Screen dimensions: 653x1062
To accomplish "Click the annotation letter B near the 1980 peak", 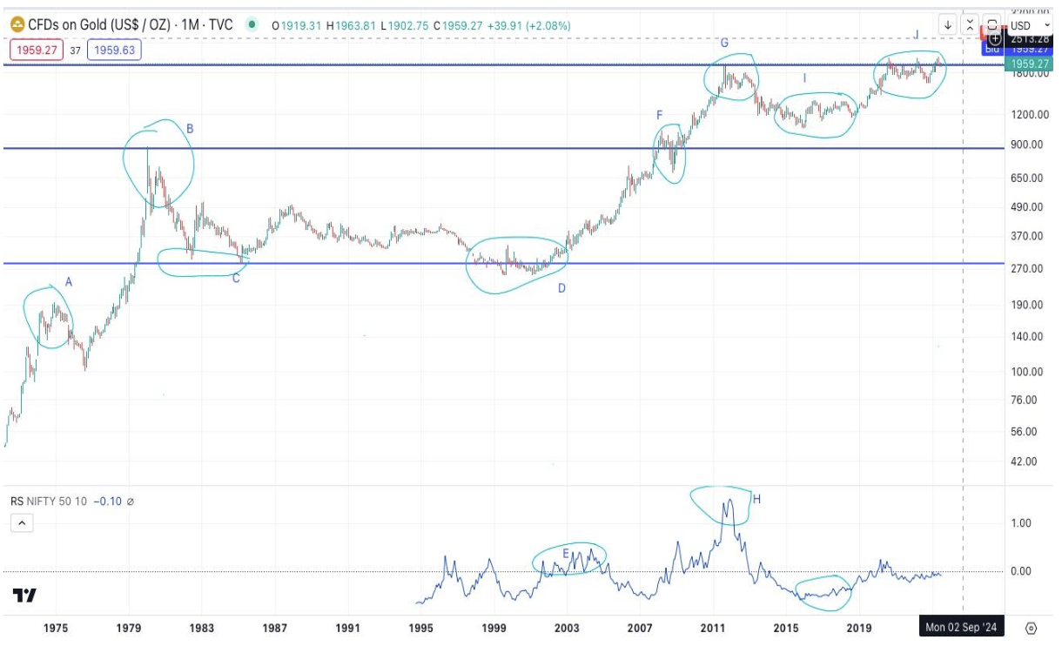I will point(189,129).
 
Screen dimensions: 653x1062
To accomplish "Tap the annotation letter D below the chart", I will point(561,287).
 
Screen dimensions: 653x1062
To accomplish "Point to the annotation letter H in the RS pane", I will point(756,499).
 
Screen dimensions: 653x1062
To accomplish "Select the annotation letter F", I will point(660,115).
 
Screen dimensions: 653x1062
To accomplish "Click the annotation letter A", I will point(69,281).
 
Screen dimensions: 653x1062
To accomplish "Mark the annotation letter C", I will point(235,278).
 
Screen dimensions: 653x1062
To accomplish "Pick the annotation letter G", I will point(723,43).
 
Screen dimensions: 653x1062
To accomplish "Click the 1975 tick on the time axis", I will point(57,627).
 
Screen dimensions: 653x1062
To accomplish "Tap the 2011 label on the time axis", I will point(714,627).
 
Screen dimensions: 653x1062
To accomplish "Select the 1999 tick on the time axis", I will point(494,627).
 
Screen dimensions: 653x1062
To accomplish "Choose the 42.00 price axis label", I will point(1025,461).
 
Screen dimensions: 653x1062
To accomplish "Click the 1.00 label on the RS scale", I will point(1020,523).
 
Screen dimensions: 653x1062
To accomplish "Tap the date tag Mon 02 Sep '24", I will point(960,627).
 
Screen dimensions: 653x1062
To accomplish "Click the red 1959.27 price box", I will point(36,50).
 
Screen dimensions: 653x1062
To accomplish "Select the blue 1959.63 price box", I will point(114,50).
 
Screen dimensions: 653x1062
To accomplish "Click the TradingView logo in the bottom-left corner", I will point(24,596).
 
